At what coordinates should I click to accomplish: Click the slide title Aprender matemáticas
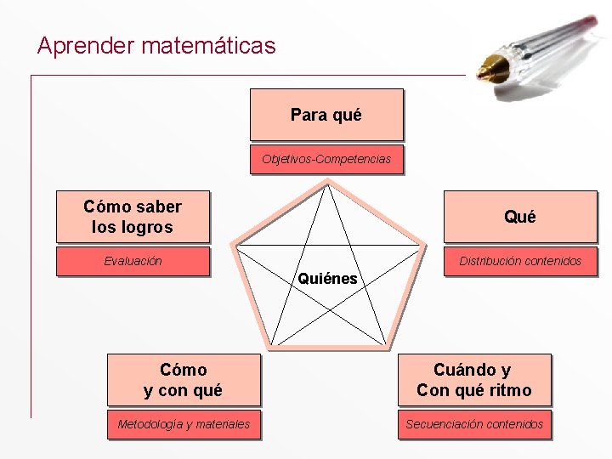156,45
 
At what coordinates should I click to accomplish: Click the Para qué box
326,115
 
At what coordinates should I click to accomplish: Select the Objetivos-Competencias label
326,159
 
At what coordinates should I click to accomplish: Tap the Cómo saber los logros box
133,217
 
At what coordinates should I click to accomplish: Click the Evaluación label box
133,261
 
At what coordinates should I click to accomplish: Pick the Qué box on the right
519,217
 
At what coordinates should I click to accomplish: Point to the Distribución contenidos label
519,261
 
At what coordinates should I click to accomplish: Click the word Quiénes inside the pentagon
327,278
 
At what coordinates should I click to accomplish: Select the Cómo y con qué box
183,380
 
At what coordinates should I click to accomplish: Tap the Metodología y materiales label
184,424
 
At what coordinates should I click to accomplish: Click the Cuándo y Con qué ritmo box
473,380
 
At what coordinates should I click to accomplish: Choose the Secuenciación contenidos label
473,424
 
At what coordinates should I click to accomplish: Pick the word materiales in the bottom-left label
222,424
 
